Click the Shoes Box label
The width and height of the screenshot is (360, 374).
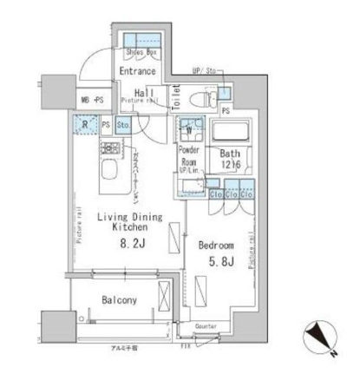pyautogui.click(x=141, y=52)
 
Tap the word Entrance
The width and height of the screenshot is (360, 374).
pyautogui.click(x=139, y=72)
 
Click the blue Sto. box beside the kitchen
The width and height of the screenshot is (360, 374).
pyautogui.click(x=122, y=125)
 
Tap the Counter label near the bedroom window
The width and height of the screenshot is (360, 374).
pyautogui.click(x=206, y=326)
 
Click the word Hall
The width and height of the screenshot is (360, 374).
pyautogui.click(x=143, y=93)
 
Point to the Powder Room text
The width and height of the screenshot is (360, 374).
pyautogui.click(x=188, y=155)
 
